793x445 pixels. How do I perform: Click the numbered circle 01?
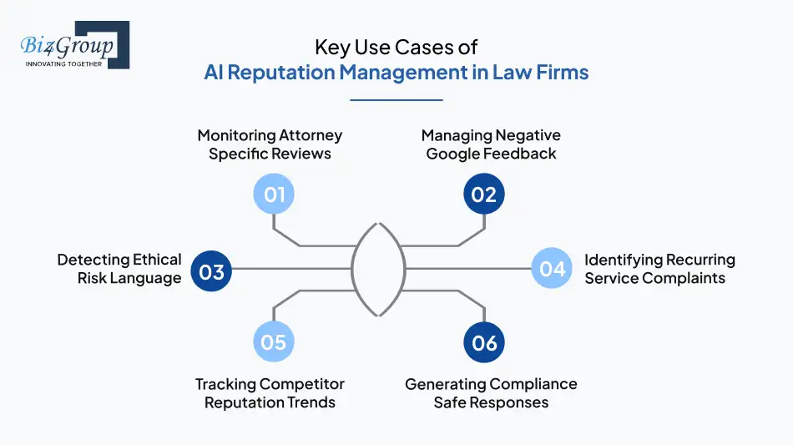point(275,195)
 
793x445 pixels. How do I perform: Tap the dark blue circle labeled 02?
point(484,195)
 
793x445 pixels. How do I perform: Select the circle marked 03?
point(212,271)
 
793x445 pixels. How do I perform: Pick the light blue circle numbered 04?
point(553,269)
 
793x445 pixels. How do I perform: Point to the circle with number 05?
point(274,342)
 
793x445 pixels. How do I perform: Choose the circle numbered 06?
point(484,342)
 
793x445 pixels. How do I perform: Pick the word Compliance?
point(531,384)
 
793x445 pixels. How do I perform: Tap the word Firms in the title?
point(563,73)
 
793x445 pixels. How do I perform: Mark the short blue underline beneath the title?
point(396,100)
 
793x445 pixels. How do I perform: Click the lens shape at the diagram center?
point(380,269)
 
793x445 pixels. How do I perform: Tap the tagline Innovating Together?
point(64,63)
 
